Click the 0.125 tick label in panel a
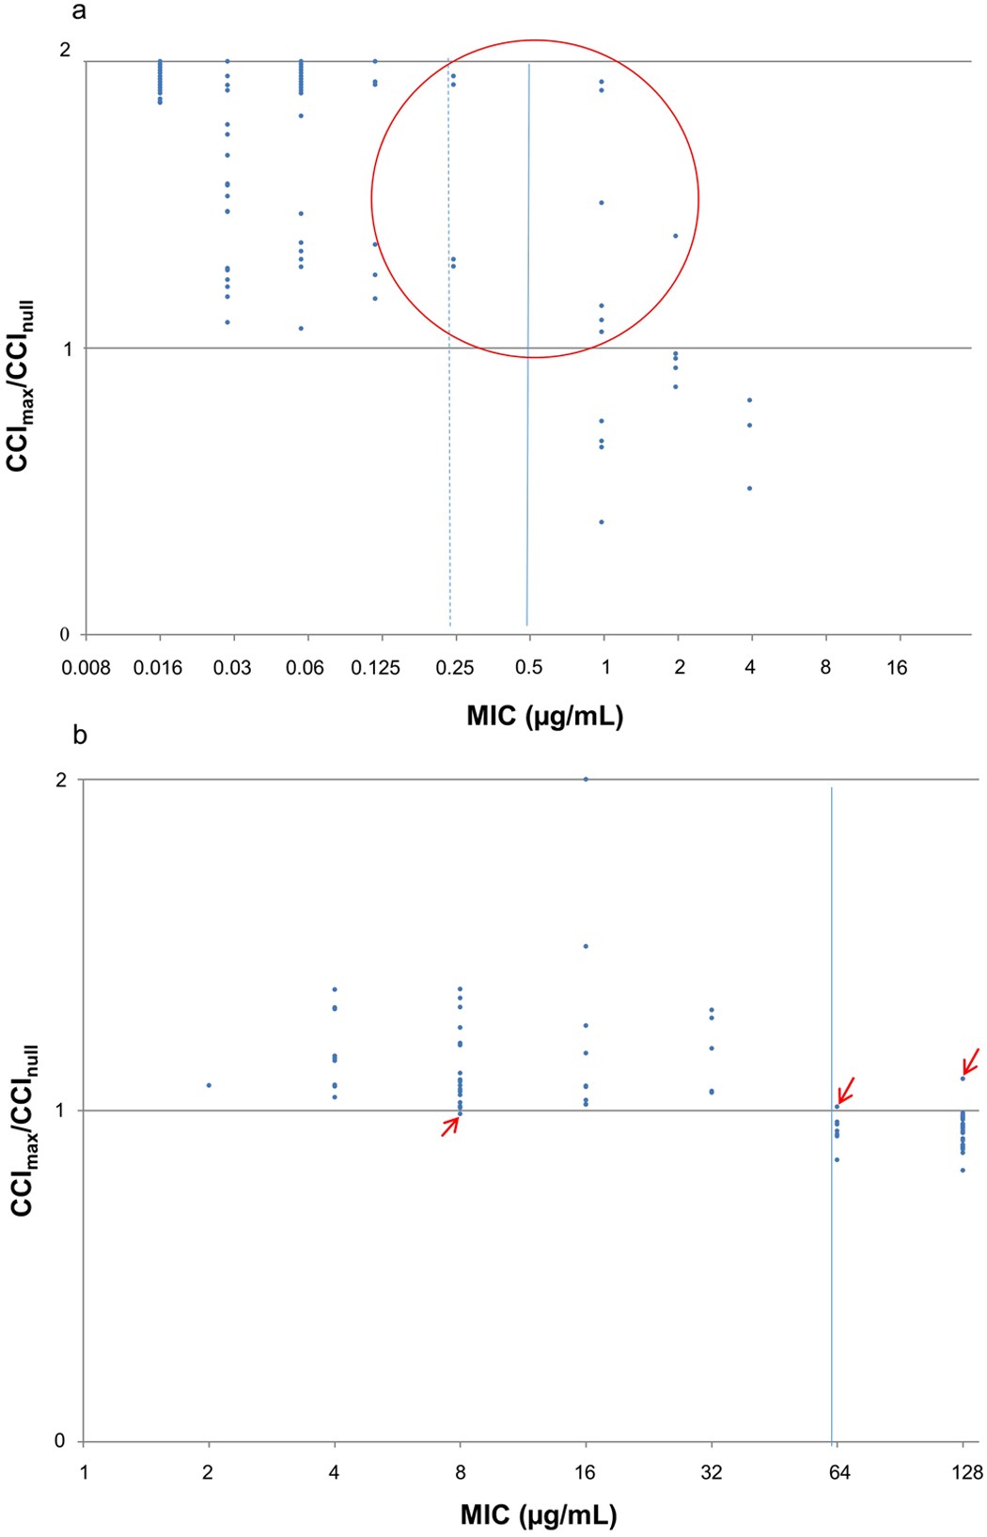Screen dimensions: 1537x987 (x=375, y=668)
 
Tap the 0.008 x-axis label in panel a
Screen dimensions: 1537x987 (x=86, y=668)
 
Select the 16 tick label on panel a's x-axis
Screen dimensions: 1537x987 (x=897, y=668)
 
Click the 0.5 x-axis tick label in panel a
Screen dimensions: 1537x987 (x=529, y=668)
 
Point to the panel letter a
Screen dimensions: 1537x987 (x=80, y=11)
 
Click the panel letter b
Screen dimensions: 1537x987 (x=80, y=735)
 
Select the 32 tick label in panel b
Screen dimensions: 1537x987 (x=712, y=1472)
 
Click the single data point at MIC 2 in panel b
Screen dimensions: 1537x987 (x=209, y=1085)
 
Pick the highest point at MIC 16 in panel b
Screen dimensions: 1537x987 (x=586, y=779)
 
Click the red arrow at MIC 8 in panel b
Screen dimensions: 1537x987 (x=451, y=1126)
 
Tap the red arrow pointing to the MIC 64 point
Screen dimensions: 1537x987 (x=846, y=1090)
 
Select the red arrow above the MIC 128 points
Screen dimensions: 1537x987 (x=971, y=1061)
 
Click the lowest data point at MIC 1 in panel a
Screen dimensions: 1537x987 (x=602, y=522)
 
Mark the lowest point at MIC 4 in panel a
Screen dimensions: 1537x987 (x=749, y=489)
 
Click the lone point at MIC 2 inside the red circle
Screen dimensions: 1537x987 (x=676, y=236)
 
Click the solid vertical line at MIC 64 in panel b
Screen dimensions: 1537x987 (x=832, y=1268)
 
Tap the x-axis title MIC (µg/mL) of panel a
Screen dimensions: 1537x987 (x=544, y=717)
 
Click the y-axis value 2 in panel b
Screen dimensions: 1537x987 (x=62, y=780)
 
